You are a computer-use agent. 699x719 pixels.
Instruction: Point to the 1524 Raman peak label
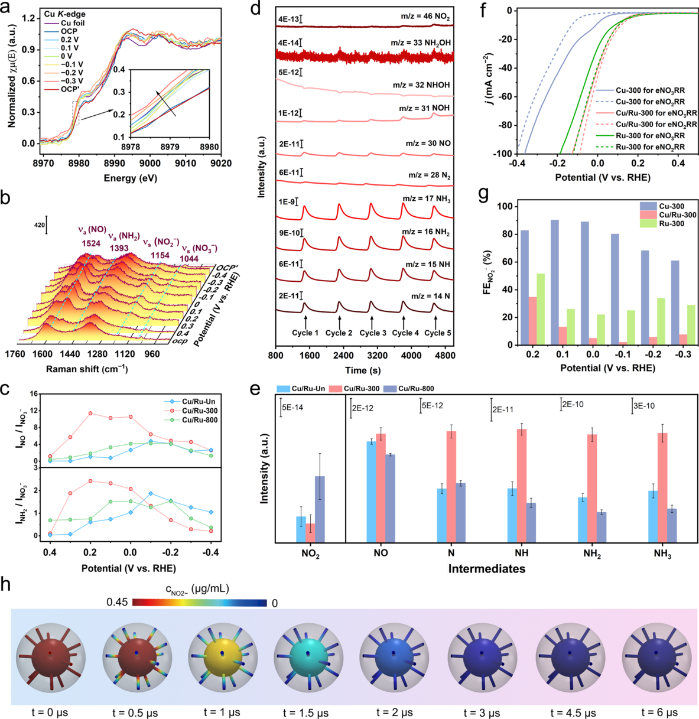coord(90,243)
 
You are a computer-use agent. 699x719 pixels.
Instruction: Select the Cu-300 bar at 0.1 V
coord(555,282)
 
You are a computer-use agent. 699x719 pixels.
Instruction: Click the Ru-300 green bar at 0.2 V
coord(540,309)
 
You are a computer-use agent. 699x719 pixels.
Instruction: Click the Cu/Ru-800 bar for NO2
coord(320,509)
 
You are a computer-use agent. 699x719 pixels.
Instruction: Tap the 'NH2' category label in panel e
coord(592,554)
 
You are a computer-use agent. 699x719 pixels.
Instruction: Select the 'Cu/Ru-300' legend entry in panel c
coord(200,411)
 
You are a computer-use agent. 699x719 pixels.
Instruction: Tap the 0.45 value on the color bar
coord(118,603)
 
